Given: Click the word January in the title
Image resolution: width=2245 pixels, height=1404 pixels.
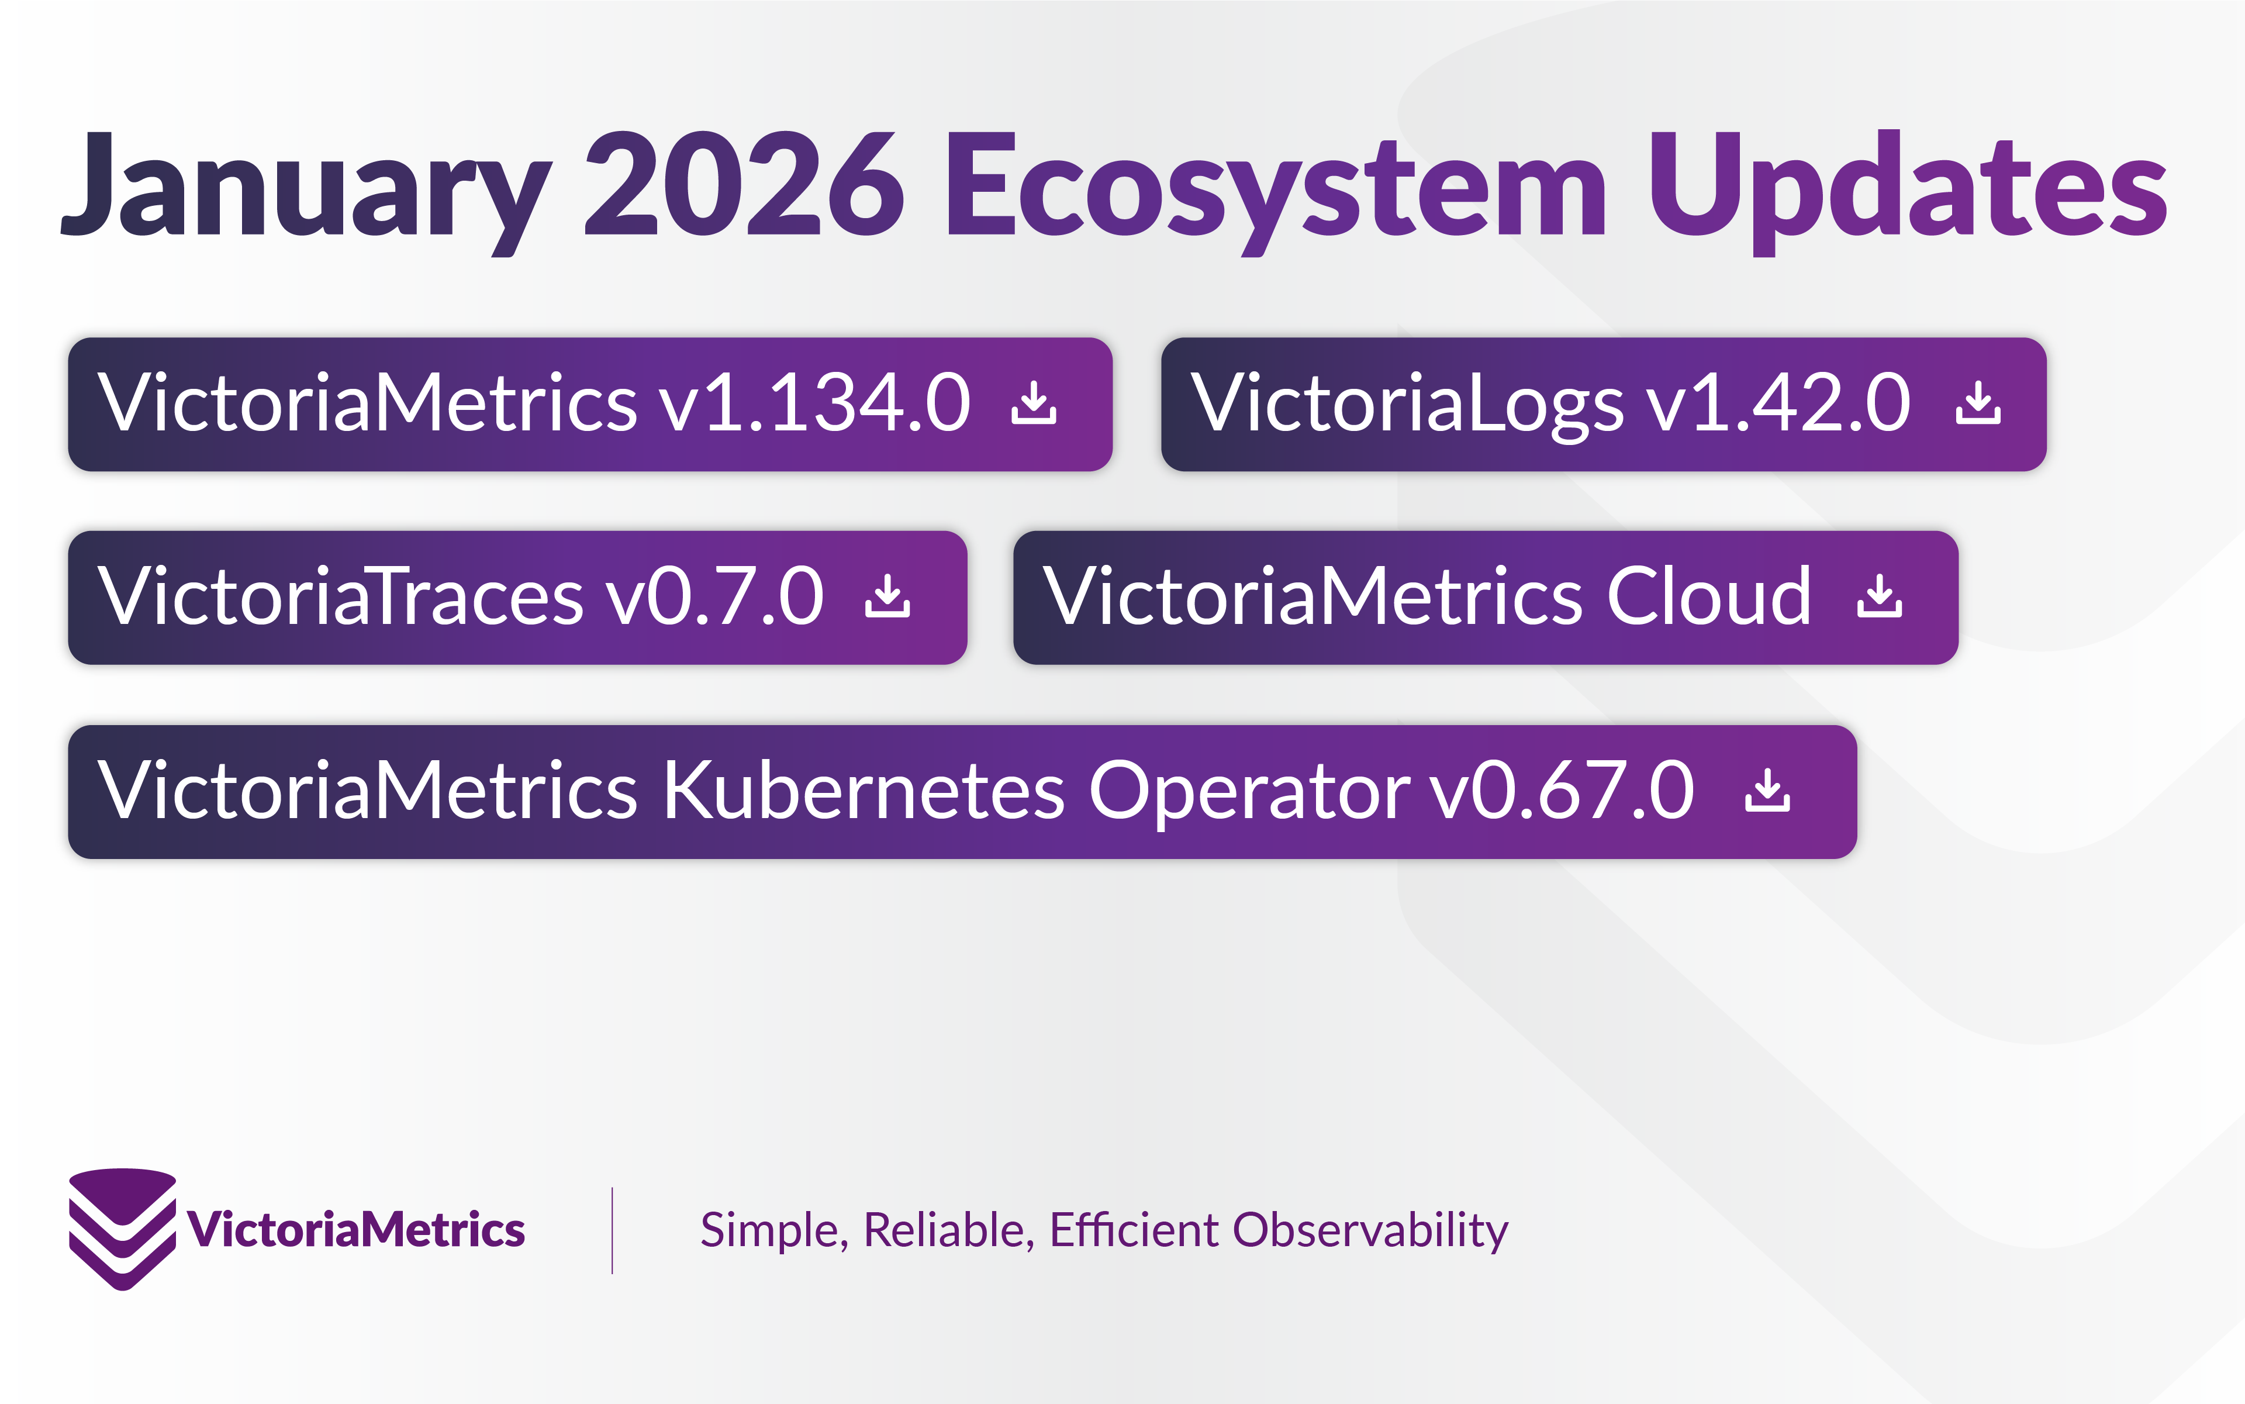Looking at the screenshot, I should [x=306, y=186].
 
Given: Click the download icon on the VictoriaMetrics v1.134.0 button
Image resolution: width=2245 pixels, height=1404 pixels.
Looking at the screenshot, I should [x=1034, y=404].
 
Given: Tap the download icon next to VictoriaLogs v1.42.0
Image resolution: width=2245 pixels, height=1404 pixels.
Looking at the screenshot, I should [x=1978, y=404].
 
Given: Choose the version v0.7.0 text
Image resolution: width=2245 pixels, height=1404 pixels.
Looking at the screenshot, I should [x=715, y=597].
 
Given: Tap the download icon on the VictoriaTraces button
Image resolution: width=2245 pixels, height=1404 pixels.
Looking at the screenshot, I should [x=887, y=597].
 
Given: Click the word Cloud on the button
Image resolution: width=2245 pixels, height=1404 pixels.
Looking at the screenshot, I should [x=1708, y=597].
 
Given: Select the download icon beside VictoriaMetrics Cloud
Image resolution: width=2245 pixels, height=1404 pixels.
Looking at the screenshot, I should [x=1879, y=597].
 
